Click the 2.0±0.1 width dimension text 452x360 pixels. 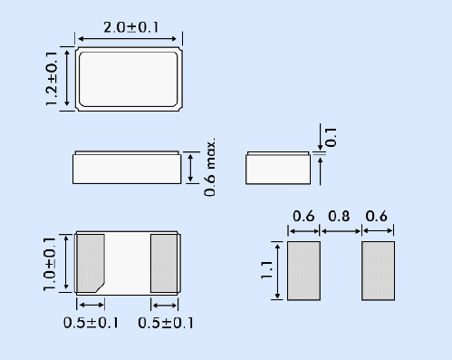coord(130,27)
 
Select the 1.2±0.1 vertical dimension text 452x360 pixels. coord(51,79)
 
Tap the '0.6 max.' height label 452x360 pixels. coord(209,167)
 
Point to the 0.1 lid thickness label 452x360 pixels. coord(332,137)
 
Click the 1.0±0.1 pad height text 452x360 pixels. coord(50,264)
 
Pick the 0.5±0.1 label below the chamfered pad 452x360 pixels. coord(91,323)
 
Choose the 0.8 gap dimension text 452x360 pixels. coord(339,216)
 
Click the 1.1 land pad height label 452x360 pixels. coord(267,270)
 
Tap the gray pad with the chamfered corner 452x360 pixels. coord(91,263)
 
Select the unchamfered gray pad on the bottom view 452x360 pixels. coord(164,263)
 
